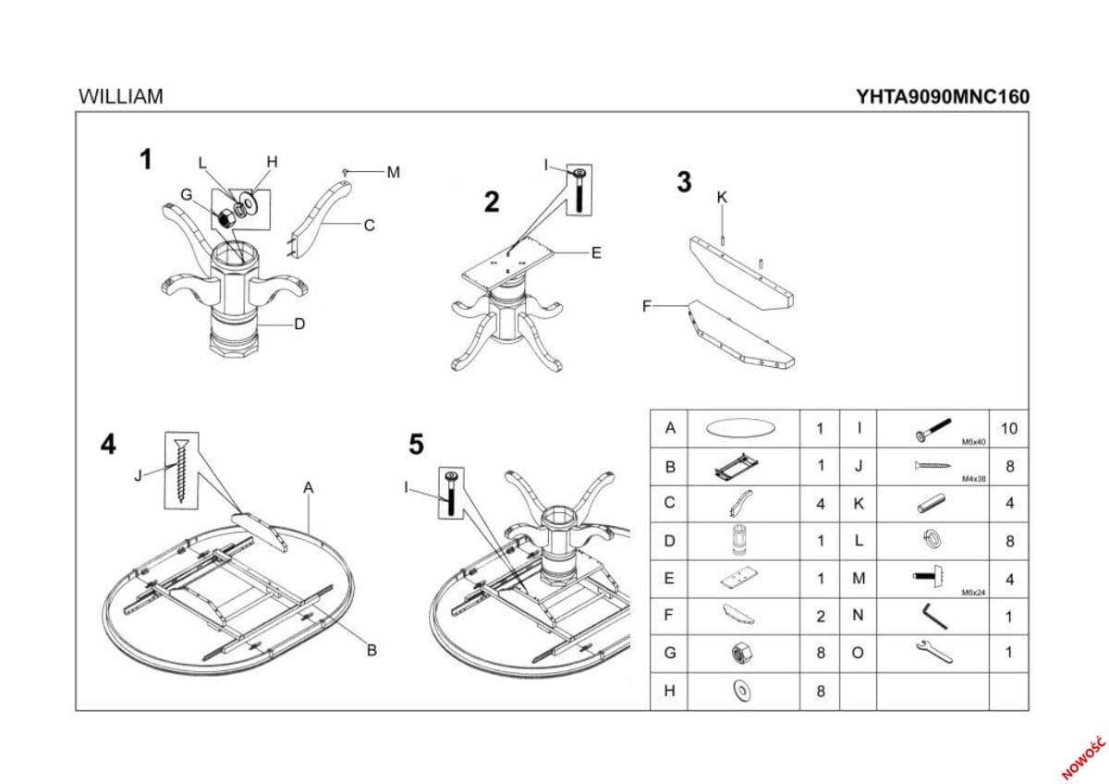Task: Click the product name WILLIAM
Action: click(x=121, y=96)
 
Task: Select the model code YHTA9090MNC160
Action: click(x=943, y=96)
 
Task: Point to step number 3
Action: click(x=684, y=182)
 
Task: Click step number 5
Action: click(x=417, y=446)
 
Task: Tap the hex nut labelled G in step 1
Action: click(x=223, y=218)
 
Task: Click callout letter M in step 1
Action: click(x=394, y=172)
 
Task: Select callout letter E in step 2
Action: click(x=596, y=252)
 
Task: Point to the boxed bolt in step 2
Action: click(x=579, y=190)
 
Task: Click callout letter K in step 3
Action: click(x=722, y=197)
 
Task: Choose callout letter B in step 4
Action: click(x=372, y=651)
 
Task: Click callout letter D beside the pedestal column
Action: click(x=299, y=325)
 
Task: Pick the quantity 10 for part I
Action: click(x=1008, y=429)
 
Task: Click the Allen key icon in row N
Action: click(x=932, y=615)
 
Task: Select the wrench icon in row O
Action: click(x=932, y=653)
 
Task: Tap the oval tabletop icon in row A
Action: click(x=740, y=429)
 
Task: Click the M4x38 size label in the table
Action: click(x=974, y=480)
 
